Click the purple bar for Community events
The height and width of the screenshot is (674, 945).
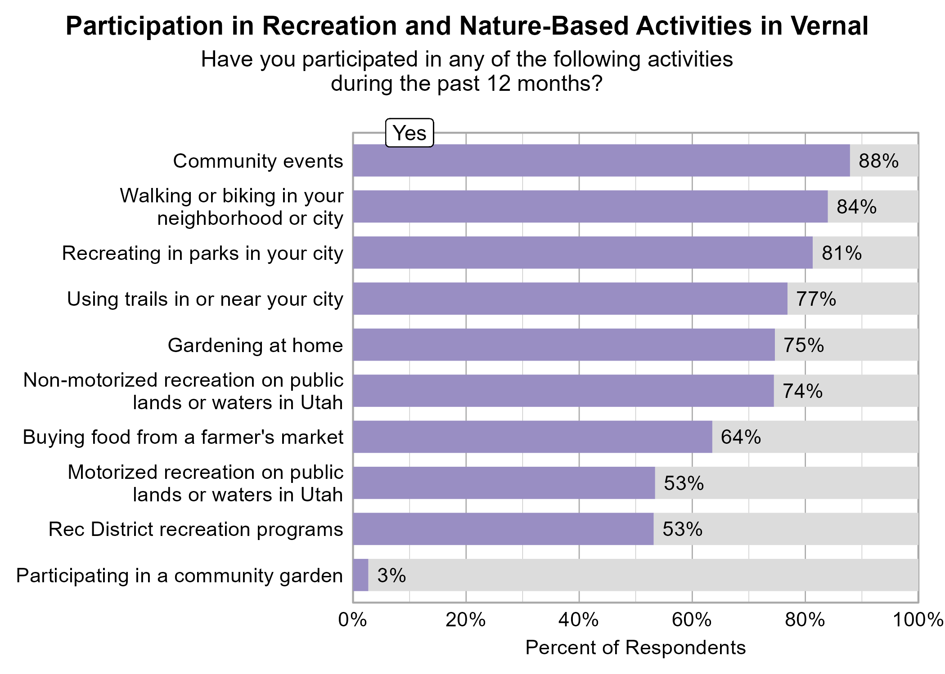coord(601,161)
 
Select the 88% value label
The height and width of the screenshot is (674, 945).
coord(878,161)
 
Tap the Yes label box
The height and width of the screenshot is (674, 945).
coord(409,133)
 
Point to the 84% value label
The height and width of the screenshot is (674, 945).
coord(856,207)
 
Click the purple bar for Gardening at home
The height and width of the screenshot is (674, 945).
coord(564,345)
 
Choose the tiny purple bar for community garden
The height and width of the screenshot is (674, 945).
coord(360,575)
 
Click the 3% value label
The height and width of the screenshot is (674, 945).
coord(391,576)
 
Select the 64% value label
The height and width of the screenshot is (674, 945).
coord(741,437)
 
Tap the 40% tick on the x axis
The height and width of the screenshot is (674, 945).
coord(578,620)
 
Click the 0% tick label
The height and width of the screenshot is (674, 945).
coord(352,620)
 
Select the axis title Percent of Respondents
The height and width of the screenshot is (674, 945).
coord(635,647)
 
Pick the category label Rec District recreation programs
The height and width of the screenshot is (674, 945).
coord(196,529)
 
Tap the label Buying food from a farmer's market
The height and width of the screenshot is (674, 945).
coord(183,437)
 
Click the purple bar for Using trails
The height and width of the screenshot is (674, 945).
coord(570,299)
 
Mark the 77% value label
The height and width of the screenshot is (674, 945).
coord(816,299)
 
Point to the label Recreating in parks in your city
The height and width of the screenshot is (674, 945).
coord(202,253)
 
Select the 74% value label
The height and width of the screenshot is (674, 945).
coord(802,391)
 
